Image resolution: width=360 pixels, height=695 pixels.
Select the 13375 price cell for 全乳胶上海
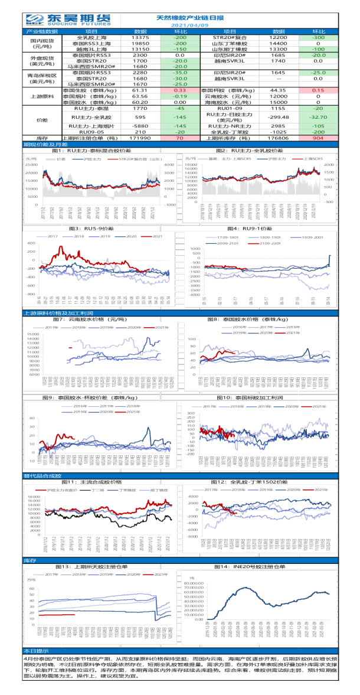140,37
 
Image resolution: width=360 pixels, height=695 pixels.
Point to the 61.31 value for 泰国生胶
140,90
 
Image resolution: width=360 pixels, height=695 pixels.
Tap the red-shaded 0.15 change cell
318,90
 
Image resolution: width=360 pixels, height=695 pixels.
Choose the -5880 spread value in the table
140,125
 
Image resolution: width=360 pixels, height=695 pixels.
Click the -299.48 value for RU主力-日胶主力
279,117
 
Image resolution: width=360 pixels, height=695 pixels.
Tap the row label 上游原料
42,96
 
